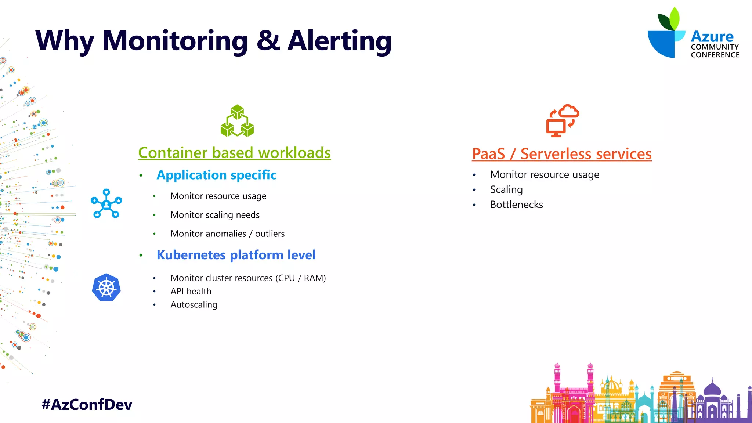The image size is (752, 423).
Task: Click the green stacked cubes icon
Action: (237, 121)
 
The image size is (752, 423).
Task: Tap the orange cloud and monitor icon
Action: (562, 120)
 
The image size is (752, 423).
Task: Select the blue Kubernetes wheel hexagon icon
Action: (106, 288)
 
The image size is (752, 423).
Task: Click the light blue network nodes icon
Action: (106, 204)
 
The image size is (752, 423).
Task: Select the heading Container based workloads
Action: (234, 153)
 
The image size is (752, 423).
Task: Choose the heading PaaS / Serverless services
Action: (561, 154)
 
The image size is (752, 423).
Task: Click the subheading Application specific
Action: (216, 175)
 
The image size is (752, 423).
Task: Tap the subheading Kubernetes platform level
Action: (236, 255)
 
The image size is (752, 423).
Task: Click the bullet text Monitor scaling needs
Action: (215, 215)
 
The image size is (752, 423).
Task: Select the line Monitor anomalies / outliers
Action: (227, 234)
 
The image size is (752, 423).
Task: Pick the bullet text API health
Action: (191, 291)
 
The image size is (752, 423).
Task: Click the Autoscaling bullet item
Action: (194, 304)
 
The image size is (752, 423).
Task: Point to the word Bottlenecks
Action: (516, 205)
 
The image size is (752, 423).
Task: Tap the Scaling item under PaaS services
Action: (506, 189)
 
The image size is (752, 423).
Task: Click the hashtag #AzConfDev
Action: (87, 404)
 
